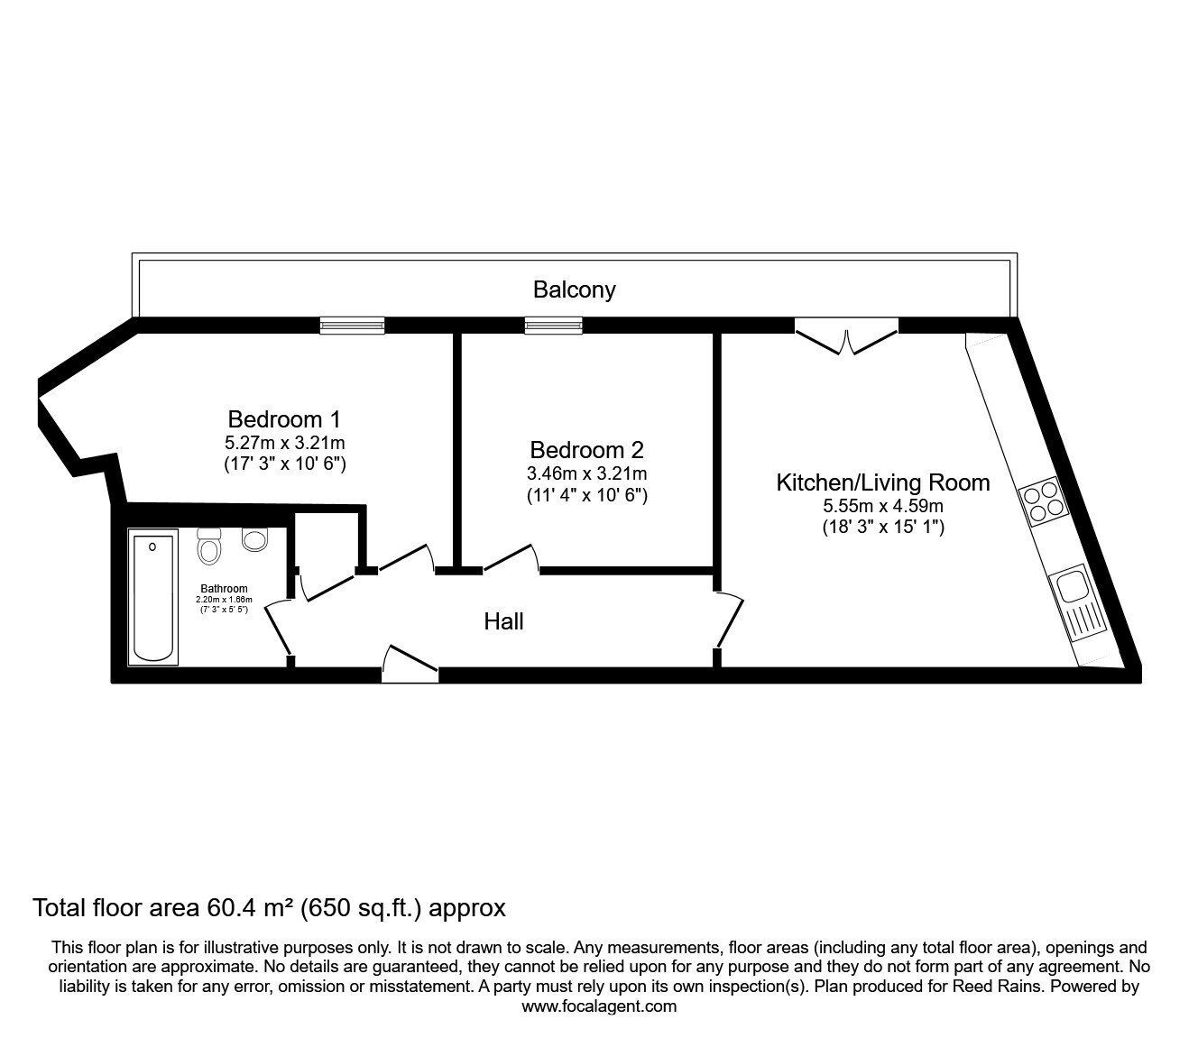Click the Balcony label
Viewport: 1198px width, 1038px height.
tap(574, 289)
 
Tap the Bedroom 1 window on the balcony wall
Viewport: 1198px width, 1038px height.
tap(352, 326)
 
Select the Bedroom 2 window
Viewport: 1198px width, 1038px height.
tap(554, 326)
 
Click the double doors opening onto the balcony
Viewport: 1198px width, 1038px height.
tap(846, 339)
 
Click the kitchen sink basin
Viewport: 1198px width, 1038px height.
tap(1073, 584)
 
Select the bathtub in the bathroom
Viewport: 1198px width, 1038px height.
tap(152, 598)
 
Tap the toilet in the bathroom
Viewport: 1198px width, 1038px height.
tap(209, 547)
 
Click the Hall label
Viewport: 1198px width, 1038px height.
tap(503, 621)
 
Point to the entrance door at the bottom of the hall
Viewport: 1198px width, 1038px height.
tap(410, 661)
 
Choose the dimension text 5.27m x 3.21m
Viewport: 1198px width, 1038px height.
tap(285, 443)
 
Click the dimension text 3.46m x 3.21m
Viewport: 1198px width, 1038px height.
tap(586, 473)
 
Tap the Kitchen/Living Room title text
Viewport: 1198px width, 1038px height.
tap(882, 482)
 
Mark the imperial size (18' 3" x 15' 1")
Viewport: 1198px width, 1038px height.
tap(882, 527)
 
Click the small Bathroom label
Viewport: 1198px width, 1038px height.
tap(224, 589)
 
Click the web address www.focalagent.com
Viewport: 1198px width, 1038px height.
tap(599, 1006)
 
